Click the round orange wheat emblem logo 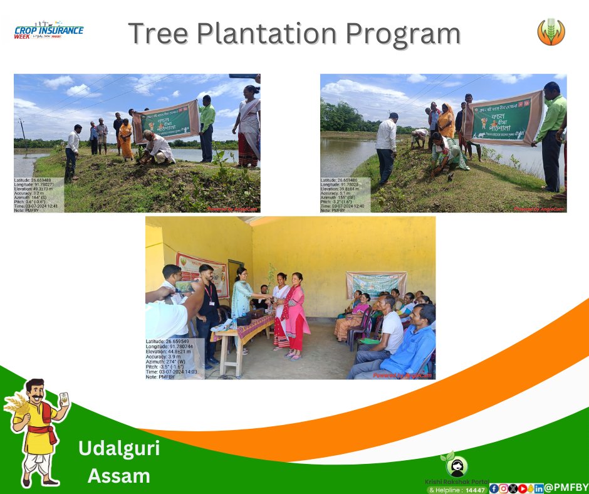551,32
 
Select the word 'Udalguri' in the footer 119,448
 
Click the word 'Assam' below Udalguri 119,476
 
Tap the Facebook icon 494,488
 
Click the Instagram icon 503,488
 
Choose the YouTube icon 522,488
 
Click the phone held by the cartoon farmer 63,399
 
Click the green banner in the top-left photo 166,124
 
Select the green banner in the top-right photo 502,118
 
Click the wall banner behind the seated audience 375,284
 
